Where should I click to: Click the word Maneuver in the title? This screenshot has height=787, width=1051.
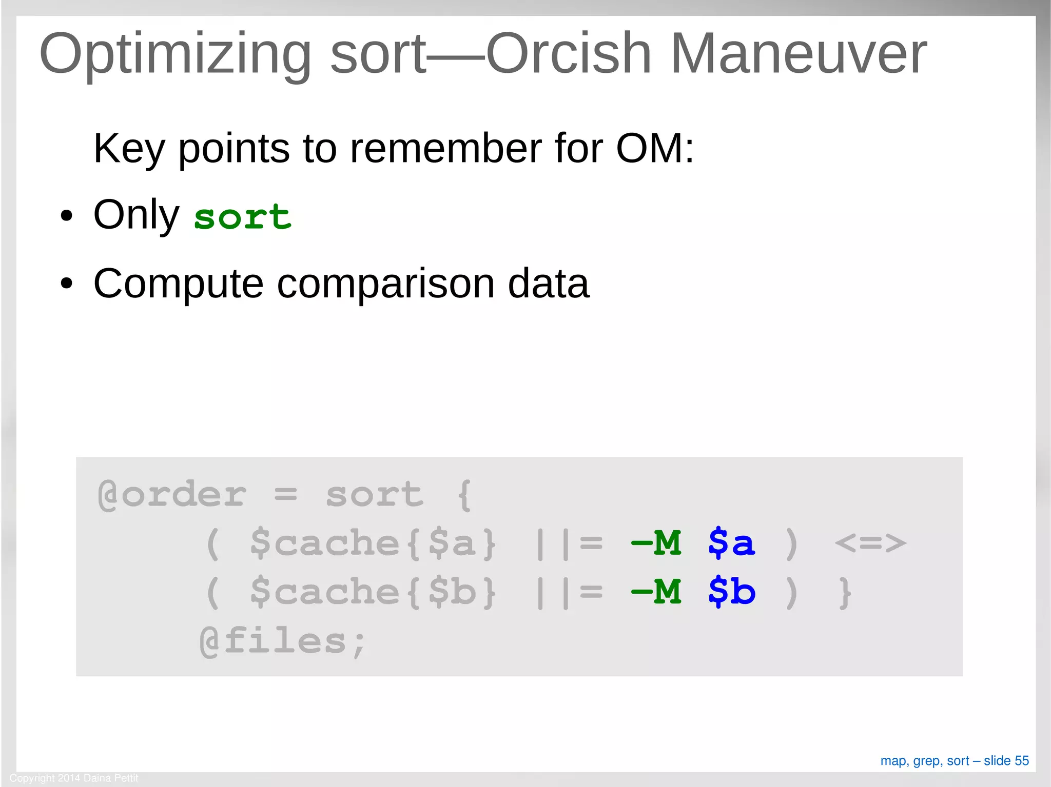(798, 54)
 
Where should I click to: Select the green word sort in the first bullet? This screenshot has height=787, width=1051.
(242, 217)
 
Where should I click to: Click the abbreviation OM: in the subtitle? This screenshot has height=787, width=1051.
(655, 149)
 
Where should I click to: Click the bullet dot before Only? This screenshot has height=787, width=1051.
(66, 216)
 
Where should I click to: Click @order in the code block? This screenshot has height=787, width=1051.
(172, 495)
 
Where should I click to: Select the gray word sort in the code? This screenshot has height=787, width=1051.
(375, 495)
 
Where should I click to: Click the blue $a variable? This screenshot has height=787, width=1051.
(731, 543)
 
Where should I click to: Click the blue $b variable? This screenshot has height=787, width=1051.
(731, 592)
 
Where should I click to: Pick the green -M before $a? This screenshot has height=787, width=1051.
(656, 543)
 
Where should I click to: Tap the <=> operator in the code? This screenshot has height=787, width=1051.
(870, 543)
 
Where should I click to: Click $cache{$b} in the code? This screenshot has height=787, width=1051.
(373, 592)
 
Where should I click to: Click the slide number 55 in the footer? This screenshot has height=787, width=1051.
(1022, 761)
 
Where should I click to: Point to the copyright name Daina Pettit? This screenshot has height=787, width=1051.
(111, 778)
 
